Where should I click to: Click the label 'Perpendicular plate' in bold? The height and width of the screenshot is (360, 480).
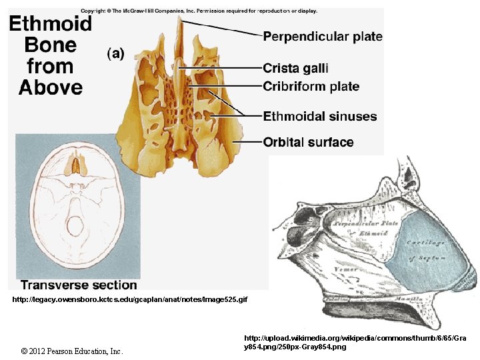(x=323, y=37)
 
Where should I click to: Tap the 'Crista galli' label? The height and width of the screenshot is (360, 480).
(x=295, y=68)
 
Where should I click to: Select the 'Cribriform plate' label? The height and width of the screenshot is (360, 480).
(x=311, y=87)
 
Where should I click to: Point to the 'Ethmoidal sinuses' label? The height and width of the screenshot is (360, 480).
(x=319, y=117)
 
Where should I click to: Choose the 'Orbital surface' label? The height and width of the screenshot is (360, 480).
(x=308, y=142)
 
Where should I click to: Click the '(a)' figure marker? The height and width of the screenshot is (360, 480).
(x=116, y=54)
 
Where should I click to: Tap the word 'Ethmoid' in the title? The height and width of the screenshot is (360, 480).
(x=50, y=25)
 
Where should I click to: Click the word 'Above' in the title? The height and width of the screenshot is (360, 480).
(x=51, y=87)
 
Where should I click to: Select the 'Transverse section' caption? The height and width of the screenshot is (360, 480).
(x=79, y=285)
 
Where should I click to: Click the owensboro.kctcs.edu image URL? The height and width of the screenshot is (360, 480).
(x=129, y=300)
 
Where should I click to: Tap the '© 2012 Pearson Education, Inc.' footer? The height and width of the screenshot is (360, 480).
(x=72, y=351)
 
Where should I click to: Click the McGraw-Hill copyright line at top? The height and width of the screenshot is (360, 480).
(x=199, y=11)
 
